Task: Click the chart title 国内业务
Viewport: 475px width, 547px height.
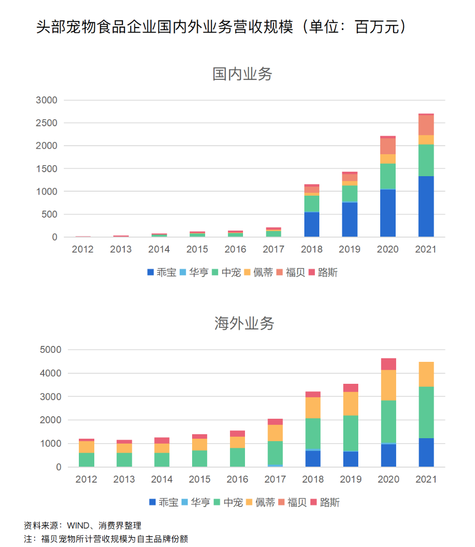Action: click(242, 74)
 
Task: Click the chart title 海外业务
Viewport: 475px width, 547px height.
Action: click(244, 323)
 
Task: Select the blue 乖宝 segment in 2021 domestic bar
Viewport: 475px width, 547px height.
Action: click(426, 206)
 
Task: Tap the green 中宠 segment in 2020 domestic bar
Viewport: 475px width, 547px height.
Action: click(388, 176)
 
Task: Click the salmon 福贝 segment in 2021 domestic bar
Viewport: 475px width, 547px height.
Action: click(426, 125)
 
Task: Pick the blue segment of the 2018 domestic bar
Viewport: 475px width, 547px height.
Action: click(312, 224)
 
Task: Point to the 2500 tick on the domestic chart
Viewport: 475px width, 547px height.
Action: click(47, 123)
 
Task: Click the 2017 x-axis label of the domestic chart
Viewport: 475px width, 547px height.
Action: click(273, 249)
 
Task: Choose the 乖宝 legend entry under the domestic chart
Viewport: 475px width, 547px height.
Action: click(162, 273)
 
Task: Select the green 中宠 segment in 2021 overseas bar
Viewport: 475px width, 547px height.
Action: click(426, 412)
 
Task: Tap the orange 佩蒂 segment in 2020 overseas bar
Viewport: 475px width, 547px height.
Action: click(388, 385)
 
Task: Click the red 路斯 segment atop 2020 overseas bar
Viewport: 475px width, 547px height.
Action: click(388, 364)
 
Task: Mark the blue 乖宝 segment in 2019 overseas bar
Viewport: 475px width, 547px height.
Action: click(350, 459)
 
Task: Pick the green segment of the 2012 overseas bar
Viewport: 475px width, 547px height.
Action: click(86, 460)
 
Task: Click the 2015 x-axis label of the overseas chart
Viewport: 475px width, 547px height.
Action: click(200, 480)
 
